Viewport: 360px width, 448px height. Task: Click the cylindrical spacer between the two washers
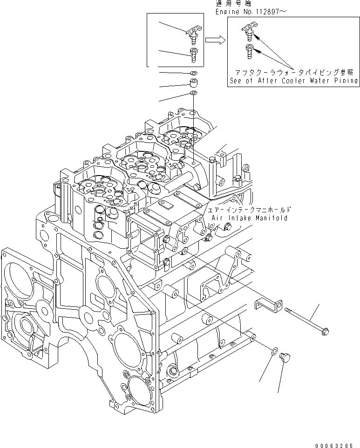193,84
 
